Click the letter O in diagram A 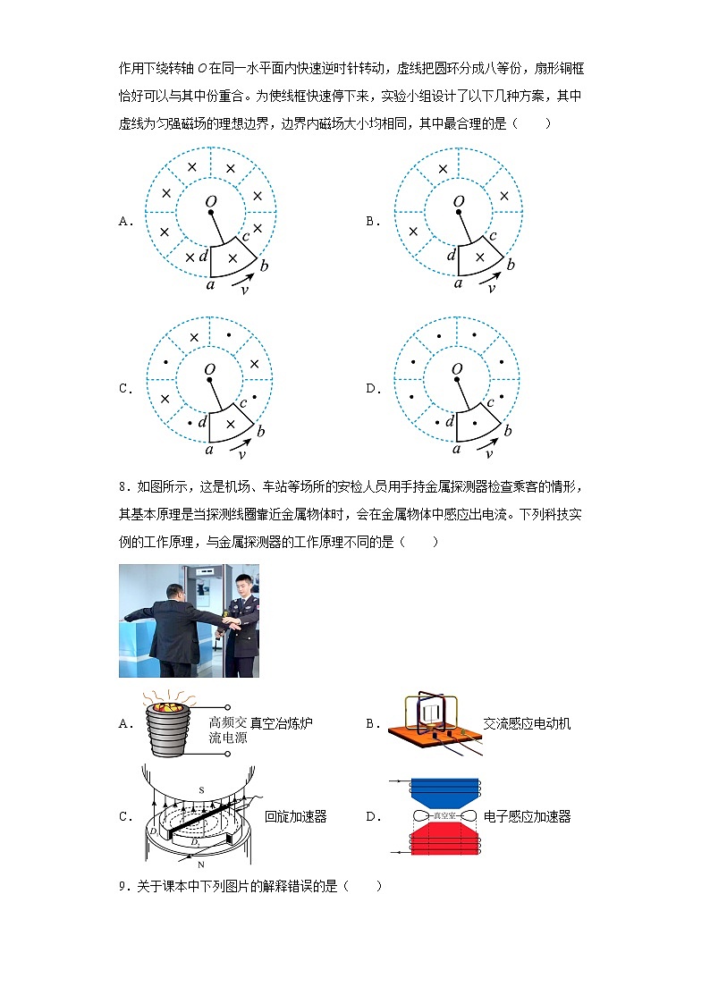point(211,202)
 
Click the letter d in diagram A point(204,256)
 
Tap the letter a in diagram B point(458,283)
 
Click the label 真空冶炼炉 point(282,722)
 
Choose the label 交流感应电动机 point(527,722)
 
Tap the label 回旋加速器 point(296,816)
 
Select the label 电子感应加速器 point(527,816)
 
